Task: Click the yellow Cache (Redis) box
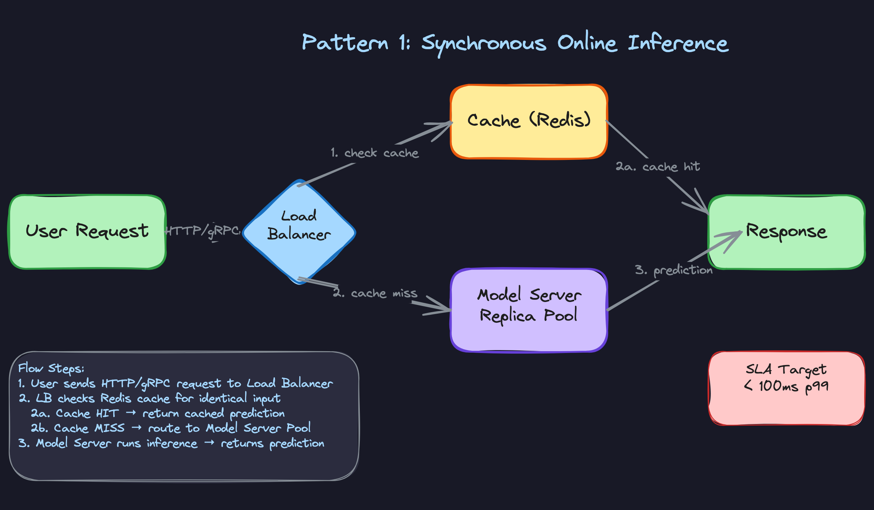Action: tap(529, 121)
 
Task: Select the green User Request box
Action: tap(87, 232)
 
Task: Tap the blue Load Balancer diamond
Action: tap(299, 232)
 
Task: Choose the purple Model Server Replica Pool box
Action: tap(529, 310)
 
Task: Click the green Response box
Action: tap(787, 232)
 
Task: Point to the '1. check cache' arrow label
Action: tap(375, 153)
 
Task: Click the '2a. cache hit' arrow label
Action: tap(658, 167)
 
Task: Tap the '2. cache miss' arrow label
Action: tap(375, 293)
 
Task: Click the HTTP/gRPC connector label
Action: tap(203, 231)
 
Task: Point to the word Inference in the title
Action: tap(678, 43)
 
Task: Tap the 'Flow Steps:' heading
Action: tap(51, 368)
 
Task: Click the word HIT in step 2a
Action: tap(107, 413)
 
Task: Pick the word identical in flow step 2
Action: tap(223, 399)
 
